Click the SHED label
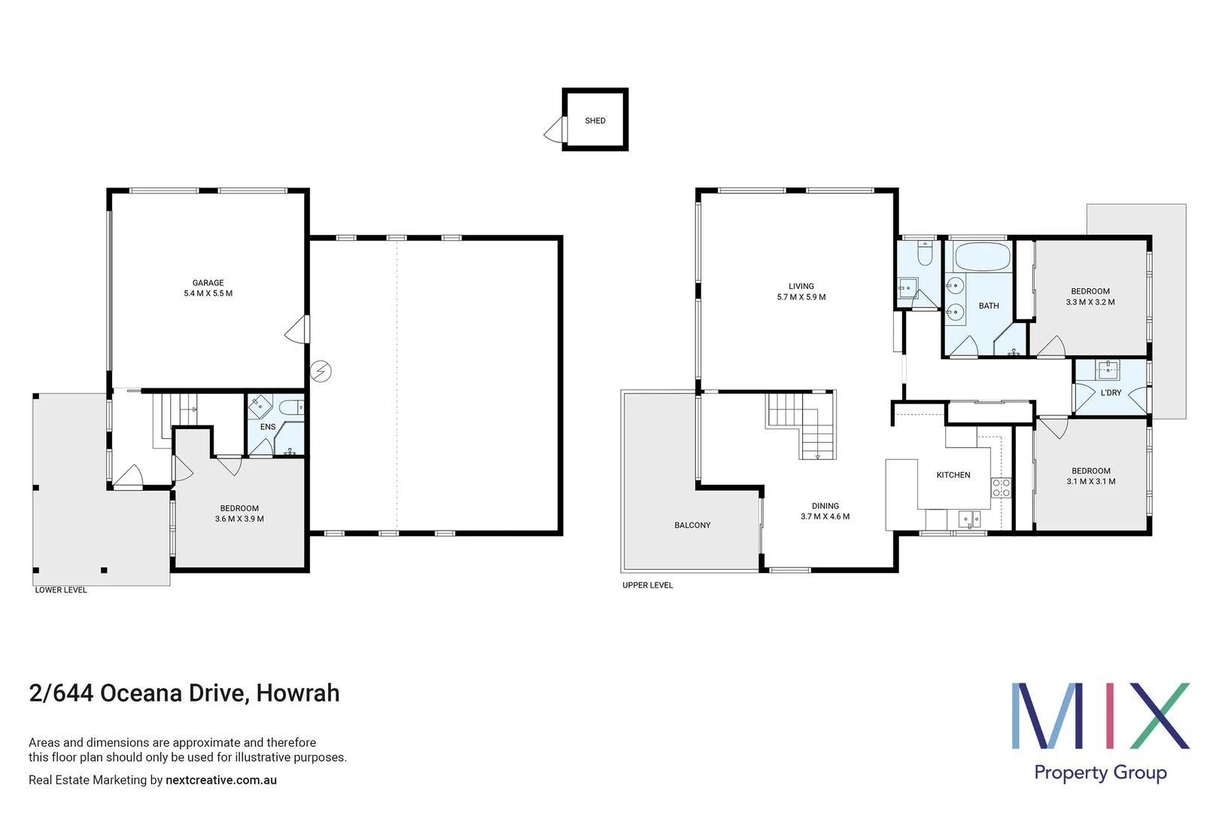pyautogui.click(x=594, y=120)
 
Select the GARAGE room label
pyautogui.click(x=208, y=283)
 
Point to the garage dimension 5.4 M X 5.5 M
pyautogui.click(x=208, y=294)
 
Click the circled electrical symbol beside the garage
pyautogui.click(x=321, y=371)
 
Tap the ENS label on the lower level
pyautogui.click(x=268, y=427)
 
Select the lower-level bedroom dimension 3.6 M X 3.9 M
pyautogui.click(x=239, y=519)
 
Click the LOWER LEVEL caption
pyautogui.click(x=61, y=590)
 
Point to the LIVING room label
pyautogui.click(x=801, y=286)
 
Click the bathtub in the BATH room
pyautogui.click(x=982, y=257)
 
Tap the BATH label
pyautogui.click(x=989, y=306)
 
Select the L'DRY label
pyautogui.click(x=1111, y=393)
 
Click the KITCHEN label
pyautogui.click(x=953, y=475)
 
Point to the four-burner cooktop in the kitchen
pyautogui.click(x=1001, y=488)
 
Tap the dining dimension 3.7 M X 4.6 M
pyautogui.click(x=825, y=516)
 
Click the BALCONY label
pyautogui.click(x=692, y=525)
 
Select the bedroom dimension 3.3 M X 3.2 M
pyautogui.click(x=1090, y=302)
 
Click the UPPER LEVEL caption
pyautogui.click(x=647, y=585)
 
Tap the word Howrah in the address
pyautogui.click(x=298, y=693)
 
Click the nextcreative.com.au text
pyautogui.click(x=221, y=780)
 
